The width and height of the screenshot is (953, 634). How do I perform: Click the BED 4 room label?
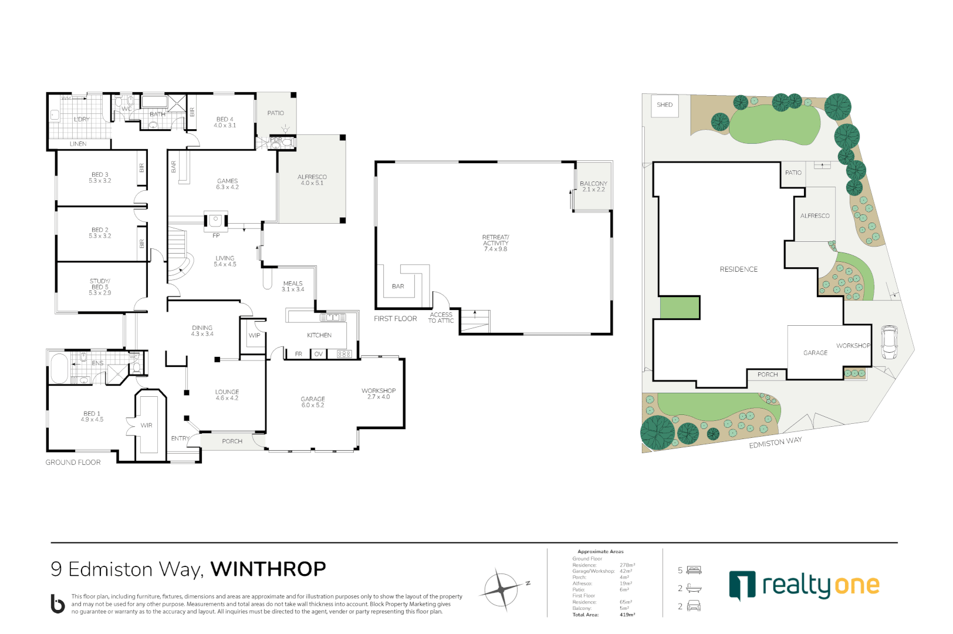click(225, 122)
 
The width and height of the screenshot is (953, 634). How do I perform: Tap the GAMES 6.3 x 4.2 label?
click(227, 184)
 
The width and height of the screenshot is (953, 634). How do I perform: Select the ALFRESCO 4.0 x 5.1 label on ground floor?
click(312, 180)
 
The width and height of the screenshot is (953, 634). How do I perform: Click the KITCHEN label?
click(319, 335)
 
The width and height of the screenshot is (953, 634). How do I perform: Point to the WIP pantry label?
click(254, 336)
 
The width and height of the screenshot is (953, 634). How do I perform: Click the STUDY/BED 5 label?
click(100, 286)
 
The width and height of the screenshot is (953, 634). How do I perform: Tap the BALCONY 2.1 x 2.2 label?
click(593, 186)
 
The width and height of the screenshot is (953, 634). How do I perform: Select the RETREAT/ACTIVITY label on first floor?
click(495, 243)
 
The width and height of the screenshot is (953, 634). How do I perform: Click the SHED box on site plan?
click(664, 105)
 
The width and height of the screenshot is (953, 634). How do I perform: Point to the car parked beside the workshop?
click(889, 342)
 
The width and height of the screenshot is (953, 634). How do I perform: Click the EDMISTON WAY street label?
click(775, 443)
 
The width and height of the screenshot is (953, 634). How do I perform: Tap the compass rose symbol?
click(502, 589)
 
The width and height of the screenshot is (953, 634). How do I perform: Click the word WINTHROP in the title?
click(268, 569)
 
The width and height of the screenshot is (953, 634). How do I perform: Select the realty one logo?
click(803, 585)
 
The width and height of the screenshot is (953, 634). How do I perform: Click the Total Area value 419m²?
click(627, 615)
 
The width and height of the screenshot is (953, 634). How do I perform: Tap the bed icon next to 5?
click(694, 570)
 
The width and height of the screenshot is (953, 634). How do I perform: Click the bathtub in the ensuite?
click(59, 368)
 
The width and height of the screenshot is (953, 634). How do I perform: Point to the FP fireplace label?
click(216, 235)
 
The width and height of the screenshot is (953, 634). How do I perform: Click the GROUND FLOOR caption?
click(73, 463)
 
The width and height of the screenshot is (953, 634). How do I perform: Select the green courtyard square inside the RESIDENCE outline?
click(680, 308)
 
